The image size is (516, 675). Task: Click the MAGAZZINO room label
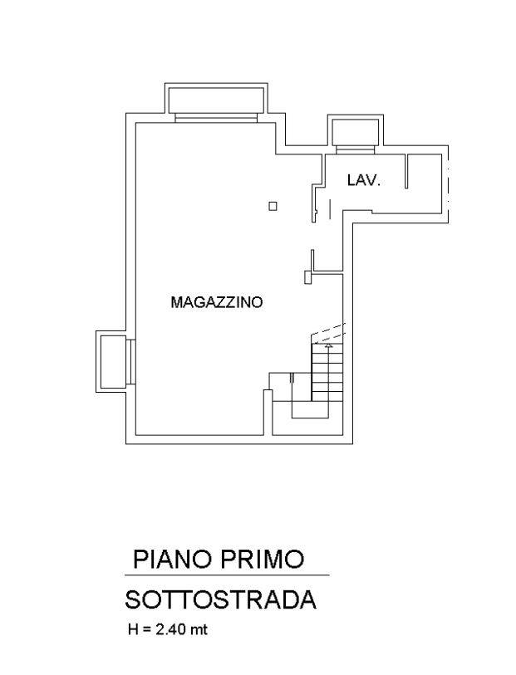coord(217,302)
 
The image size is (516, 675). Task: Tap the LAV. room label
coord(364,180)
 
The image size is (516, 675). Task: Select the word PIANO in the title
coord(173,560)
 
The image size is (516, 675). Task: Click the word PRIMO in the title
coord(263,560)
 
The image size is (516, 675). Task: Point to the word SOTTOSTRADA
coord(221,599)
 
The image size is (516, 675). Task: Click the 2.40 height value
coord(172,630)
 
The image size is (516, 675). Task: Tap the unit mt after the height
coord(199,630)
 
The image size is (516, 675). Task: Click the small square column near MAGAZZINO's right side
coord(273,206)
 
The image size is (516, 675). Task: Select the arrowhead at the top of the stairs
coord(329,345)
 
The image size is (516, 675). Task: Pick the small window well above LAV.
coord(356,134)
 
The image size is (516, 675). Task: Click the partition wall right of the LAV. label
coord(406,171)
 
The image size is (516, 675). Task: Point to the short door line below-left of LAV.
coord(331,209)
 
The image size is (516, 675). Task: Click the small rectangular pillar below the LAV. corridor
coord(307,276)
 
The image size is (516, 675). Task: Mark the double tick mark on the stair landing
coord(292,378)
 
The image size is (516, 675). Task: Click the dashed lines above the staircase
coord(329,332)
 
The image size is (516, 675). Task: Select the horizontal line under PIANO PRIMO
coord(227,575)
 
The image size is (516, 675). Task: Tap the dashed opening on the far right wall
coord(448,183)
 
